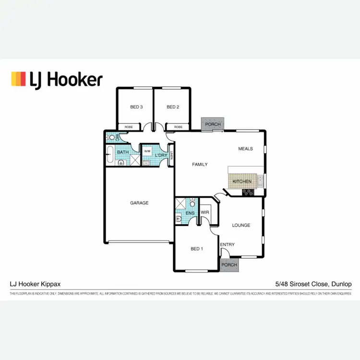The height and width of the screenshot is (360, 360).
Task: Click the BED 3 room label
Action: point(136,107)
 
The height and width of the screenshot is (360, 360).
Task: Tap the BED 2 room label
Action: point(173,107)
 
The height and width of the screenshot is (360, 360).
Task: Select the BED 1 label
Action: point(197,249)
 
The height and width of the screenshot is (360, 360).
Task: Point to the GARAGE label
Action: point(139,203)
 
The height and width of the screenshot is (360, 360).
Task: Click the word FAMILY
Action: point(200,165)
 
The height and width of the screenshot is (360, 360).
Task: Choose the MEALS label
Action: point(245,149)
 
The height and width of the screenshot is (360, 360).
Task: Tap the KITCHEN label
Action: point(242,181)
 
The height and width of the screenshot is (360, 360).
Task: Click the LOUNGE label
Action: point(241,225)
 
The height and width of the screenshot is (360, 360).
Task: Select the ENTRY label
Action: point(228,245)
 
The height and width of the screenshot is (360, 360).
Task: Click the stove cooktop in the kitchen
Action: point(248,192)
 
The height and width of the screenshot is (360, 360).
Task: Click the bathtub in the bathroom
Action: point(109,156)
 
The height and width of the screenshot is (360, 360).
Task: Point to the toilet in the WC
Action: point(112,137)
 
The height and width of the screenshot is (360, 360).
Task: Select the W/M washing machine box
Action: point(147,151)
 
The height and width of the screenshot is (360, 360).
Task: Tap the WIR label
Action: point(205,212)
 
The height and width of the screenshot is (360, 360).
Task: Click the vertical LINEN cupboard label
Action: point(171,156)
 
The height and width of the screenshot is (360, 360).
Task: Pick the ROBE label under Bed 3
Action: point(129,127)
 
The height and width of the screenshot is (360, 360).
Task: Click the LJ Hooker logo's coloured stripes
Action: point(18,79)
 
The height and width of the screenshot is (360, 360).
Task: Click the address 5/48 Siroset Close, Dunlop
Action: point(313,284)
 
